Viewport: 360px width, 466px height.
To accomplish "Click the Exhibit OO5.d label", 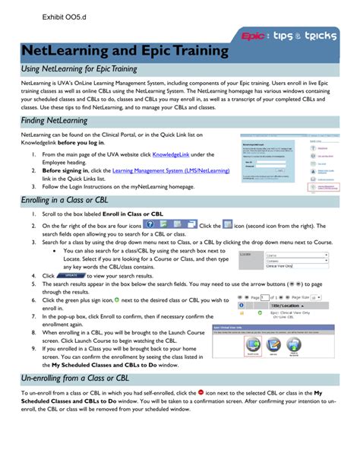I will tap(58, 18).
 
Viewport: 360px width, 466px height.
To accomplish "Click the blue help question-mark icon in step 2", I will tap(147, 226).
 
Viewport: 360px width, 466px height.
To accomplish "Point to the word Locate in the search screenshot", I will tap(247, 255).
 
